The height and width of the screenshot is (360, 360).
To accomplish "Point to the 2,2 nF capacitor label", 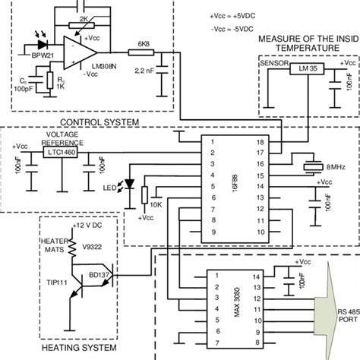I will [x=141, y=71].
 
